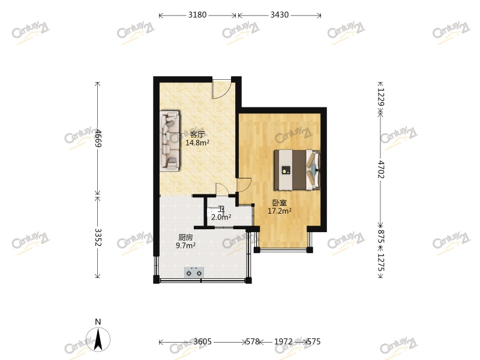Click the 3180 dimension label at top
(x=197, y=15)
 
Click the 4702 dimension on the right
(x=380, y=169)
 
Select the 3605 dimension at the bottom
(x=202, y=342)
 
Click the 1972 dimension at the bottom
(x=283, y=342)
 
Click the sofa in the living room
(x=170, y=140)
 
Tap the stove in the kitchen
(x=194, y=273)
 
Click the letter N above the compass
(x=97, y=322)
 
